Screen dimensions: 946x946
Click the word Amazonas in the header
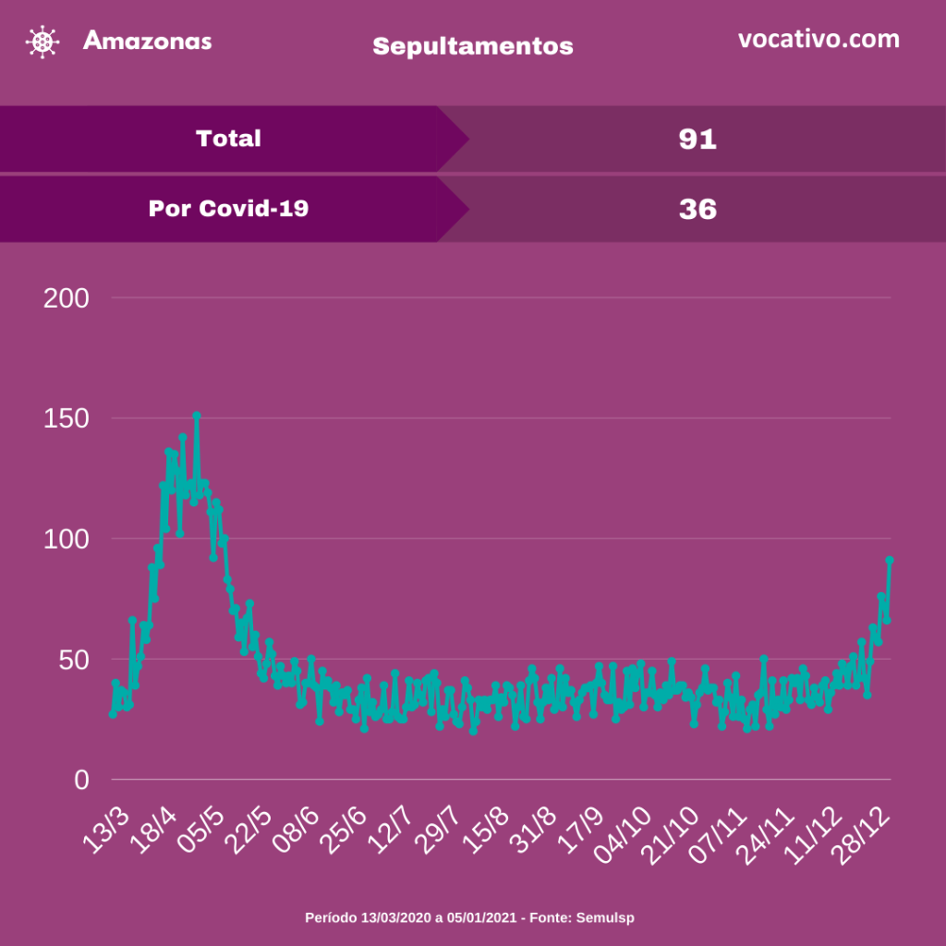coord(147,41)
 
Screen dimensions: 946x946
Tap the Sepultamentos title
coord(472,45)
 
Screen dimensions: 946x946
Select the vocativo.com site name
coord(819,39)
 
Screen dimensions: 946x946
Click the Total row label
coord(228,139)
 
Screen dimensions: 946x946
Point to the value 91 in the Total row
coord(697,139)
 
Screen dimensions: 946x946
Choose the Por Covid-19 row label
coord(228,209)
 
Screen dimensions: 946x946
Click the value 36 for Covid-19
coord(697,210)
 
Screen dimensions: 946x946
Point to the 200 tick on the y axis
coord(67,298)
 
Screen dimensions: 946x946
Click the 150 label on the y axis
coord(67,418)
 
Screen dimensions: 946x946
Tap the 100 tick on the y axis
coord(67,539)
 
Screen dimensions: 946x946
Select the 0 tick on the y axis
coord(82,780)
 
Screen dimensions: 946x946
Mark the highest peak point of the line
coord(197,416)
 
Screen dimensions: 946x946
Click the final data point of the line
coord(890,560)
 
